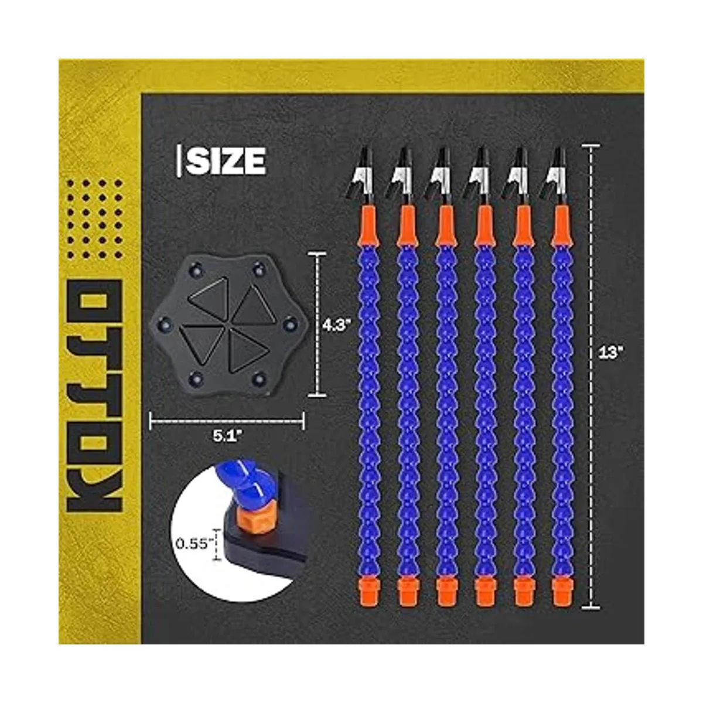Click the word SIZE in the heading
pos(226,161)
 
